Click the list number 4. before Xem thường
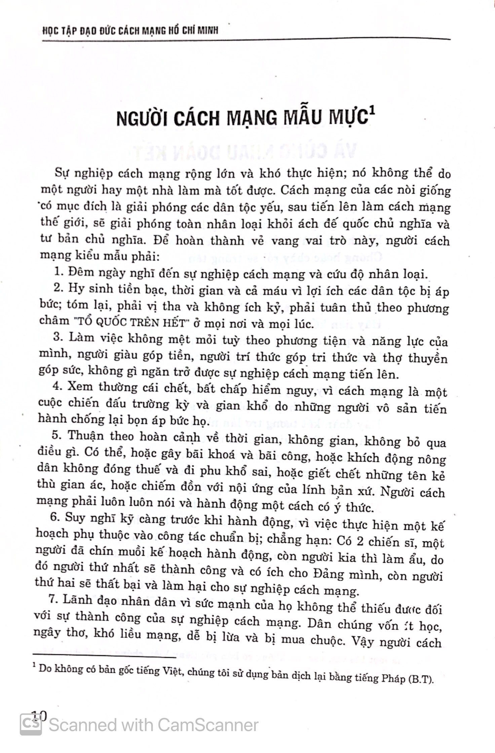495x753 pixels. point(58,386)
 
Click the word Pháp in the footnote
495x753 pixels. point(393,678)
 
